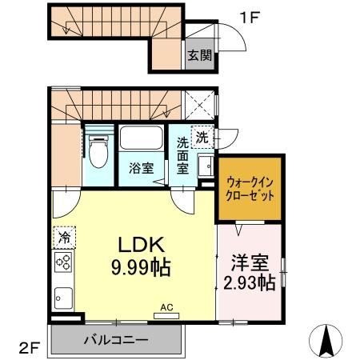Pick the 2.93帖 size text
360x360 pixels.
point(249,282)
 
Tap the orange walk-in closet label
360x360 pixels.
point(250,188)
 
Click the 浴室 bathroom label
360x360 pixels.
point(142,169)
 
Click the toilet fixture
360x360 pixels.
point(99,152)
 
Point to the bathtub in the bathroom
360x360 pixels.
point(142,142)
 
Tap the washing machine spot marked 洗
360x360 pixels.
point(202,138)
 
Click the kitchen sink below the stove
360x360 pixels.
point(64,298)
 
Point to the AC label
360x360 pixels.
point(166,306)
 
